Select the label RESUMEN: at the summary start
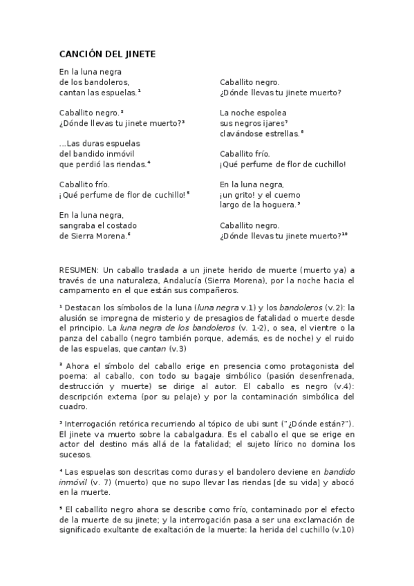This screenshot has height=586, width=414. pos(79,269)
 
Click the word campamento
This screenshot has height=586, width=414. pos(84,292)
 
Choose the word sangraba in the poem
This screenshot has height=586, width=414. pos(78,225)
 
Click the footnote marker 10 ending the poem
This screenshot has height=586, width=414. pos(344,234)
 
